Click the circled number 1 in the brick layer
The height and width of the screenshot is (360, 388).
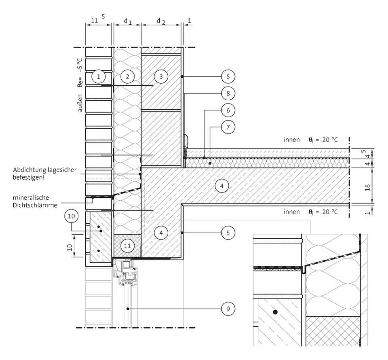pos(98,76)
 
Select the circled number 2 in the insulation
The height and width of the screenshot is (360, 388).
pos(127,76)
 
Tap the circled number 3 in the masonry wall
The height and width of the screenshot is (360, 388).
pos(161,76)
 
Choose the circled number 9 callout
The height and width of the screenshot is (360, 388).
pos(228,309)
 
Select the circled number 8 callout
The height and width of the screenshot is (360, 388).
pos(228,93)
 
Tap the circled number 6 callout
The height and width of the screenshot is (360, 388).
pos(228,110)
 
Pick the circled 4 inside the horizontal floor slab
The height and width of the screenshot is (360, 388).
pos(222,186)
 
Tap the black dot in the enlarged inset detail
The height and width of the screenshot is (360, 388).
pos(275,312)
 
